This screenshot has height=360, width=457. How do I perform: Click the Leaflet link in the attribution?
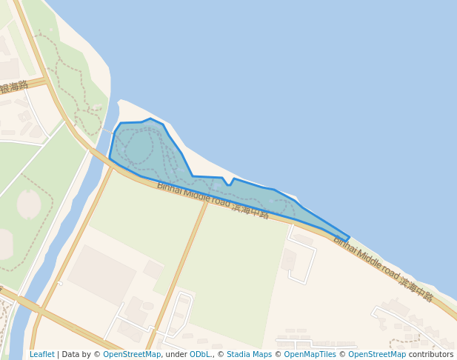41,354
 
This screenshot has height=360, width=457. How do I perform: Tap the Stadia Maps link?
249,354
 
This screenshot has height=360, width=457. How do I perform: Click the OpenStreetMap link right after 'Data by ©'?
132,354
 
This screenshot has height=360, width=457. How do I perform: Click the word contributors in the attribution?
430,354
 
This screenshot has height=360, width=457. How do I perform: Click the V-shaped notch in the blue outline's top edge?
228,183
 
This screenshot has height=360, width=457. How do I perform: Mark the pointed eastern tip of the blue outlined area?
348,239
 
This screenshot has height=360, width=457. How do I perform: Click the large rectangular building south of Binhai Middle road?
101,274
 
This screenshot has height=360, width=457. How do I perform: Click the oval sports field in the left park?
29,204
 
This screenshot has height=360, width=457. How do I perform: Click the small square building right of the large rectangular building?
153,269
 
